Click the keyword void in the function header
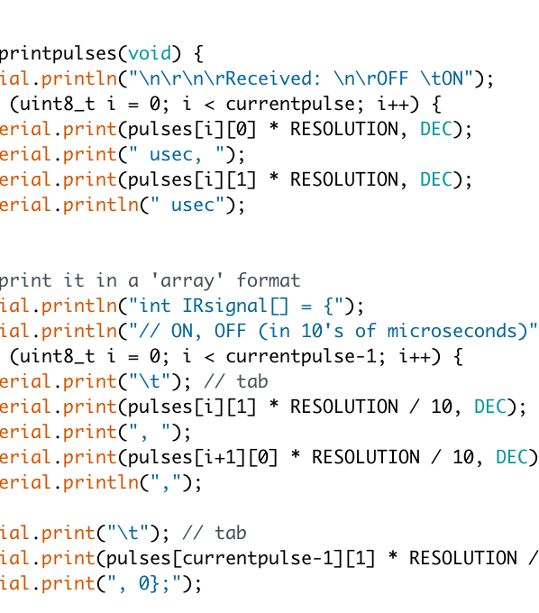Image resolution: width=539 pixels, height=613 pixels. [x=150, y=53]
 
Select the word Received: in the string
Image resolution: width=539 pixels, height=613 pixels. [x=273, y=78]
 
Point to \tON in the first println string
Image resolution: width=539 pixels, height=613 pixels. [x=442, y=78]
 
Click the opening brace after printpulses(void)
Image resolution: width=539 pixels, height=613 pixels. [x=198, y=53]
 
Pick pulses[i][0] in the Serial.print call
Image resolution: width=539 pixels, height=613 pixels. [x=192, y=130]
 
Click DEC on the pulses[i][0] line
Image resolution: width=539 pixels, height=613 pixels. [x=436, y=129]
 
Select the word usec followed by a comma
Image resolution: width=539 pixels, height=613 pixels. [x=176, y=155]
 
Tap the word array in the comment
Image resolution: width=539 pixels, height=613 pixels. [x=187, y=280]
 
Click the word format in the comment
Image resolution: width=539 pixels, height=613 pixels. [x=269, y=280]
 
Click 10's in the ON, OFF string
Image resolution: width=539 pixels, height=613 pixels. [x=323, y=331]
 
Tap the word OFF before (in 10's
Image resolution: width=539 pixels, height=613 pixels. [x=231, y=331]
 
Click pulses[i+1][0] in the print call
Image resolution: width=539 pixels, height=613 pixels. [x=203, y=457]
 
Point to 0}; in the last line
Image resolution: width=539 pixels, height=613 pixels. [x=154, y=583]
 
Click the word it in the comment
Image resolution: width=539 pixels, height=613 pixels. [x=74, y=280]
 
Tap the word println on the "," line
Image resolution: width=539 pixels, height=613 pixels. [x=101, y=482]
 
